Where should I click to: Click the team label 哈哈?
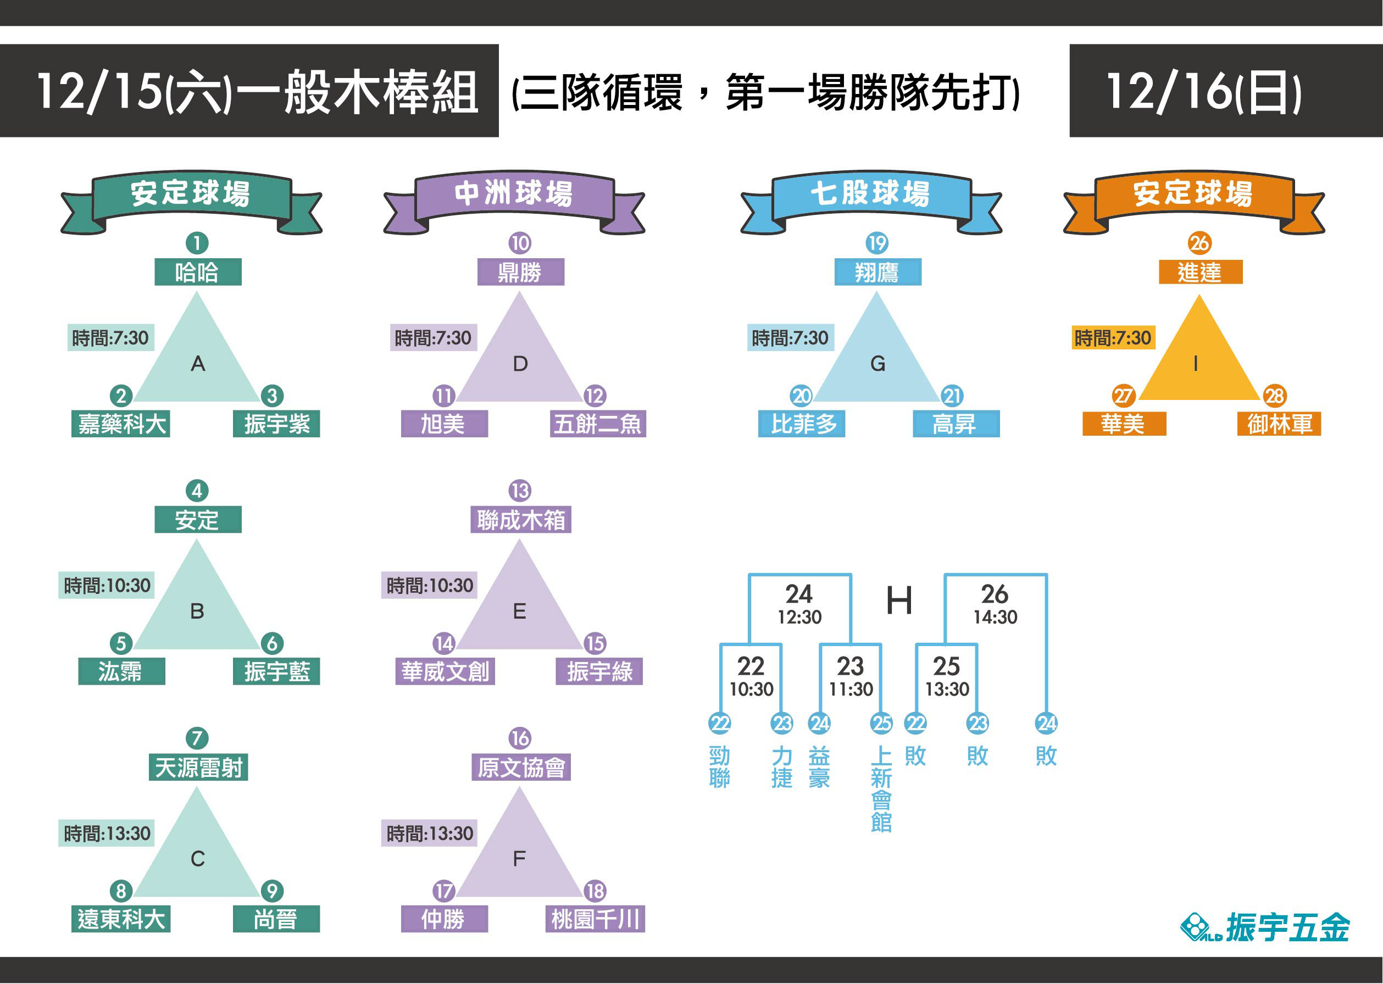click(197, 272)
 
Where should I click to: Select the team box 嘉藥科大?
click(120, 424)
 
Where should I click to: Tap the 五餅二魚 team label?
click(597, 424)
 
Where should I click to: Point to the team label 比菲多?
click(802, 424)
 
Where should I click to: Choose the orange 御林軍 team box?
click(1279, 424)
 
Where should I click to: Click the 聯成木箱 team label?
click(520, 520)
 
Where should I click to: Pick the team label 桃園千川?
click(595, 919)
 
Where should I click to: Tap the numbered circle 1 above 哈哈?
click(197, 243)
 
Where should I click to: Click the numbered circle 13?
click(520, 490)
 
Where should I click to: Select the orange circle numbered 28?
click(1275, 396)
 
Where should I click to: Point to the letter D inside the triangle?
click(520, 364)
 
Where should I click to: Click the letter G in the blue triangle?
click(877, 364)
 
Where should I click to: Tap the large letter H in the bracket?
click(899, 601)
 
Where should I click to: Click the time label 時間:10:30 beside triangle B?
click(107, 585)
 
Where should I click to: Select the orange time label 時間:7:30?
click(1112, 337)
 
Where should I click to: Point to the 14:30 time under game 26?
click(995, 617)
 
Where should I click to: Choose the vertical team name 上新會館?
click(881, 789)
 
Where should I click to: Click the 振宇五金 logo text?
click(1287, 927)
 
